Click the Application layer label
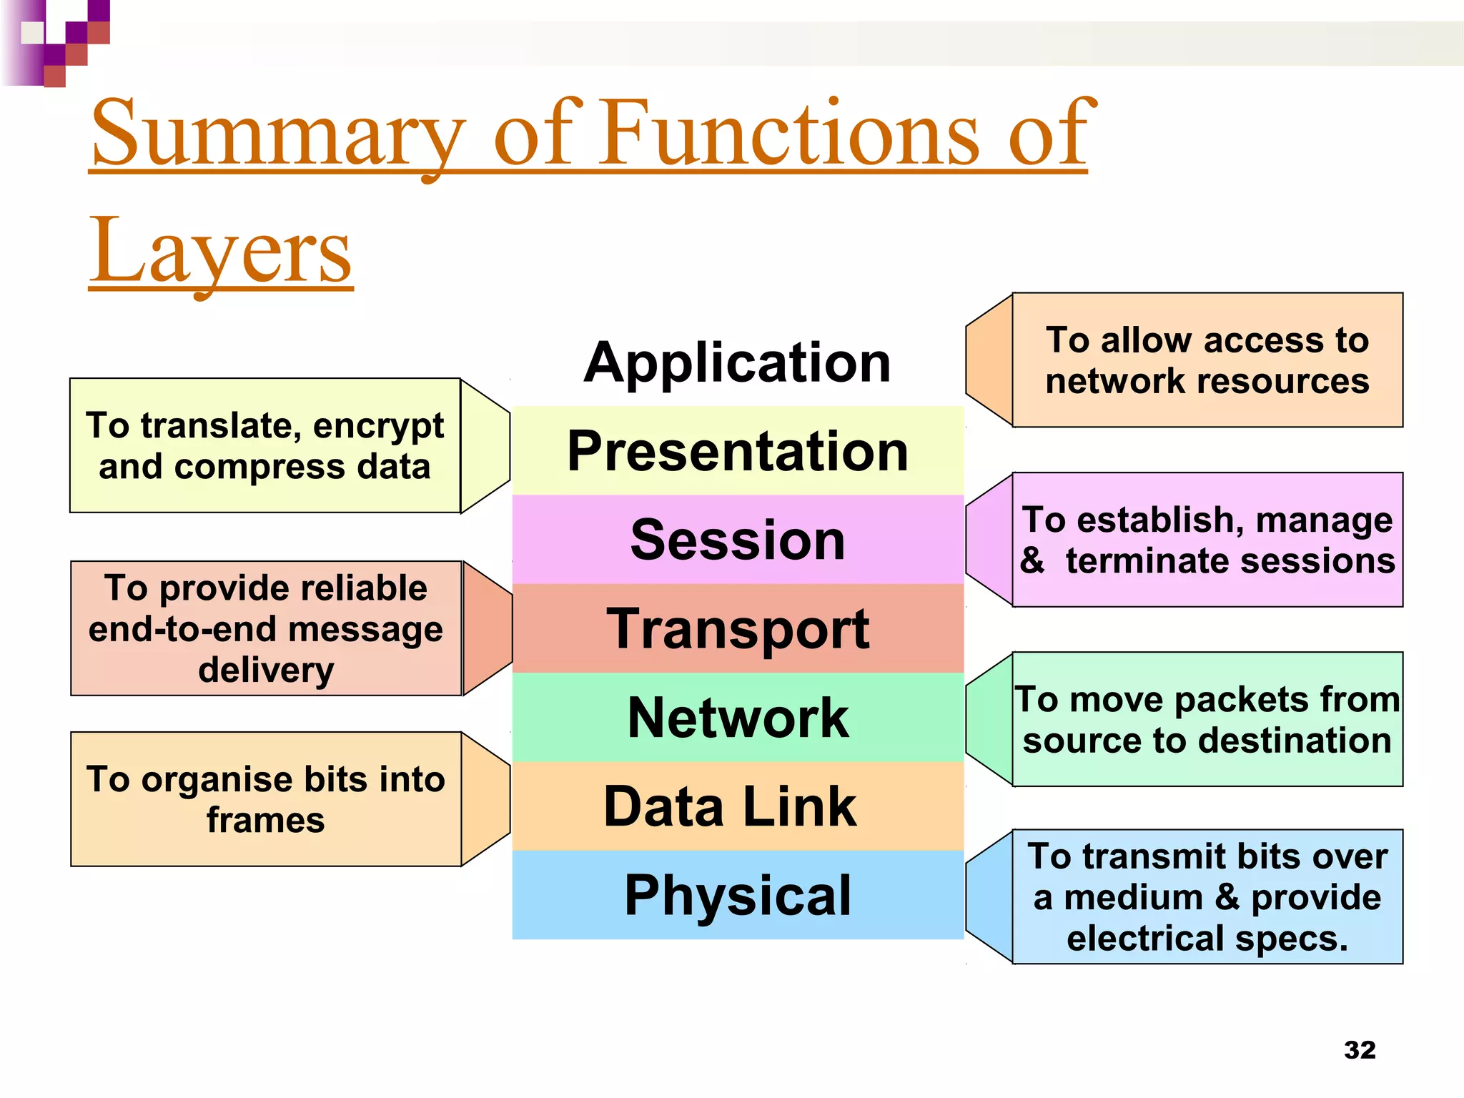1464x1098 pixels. (x=737, y=363)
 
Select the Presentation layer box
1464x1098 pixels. (x=737, y=451)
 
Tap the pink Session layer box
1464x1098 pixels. (x=737, y=540)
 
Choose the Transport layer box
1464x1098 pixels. (x=737, y=629)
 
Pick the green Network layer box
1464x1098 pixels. (x=737, y=718)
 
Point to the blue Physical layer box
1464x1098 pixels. (x=737, y=895)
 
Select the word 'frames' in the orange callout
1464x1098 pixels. (x=265, y=820)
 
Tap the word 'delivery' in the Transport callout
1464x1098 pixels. (x=265, y=671)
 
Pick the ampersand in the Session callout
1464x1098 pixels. (x=1032, y=560)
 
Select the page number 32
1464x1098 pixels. (x=1359, y=1050)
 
